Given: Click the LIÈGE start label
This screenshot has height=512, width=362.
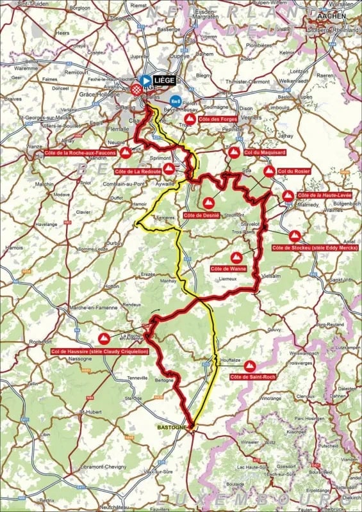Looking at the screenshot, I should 164,80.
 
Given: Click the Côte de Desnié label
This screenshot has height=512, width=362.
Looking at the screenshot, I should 202,215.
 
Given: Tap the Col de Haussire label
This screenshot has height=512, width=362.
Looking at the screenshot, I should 100,351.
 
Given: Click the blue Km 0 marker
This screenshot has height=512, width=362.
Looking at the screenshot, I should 174,100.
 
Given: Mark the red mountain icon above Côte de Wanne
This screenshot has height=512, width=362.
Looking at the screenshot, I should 236,257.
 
